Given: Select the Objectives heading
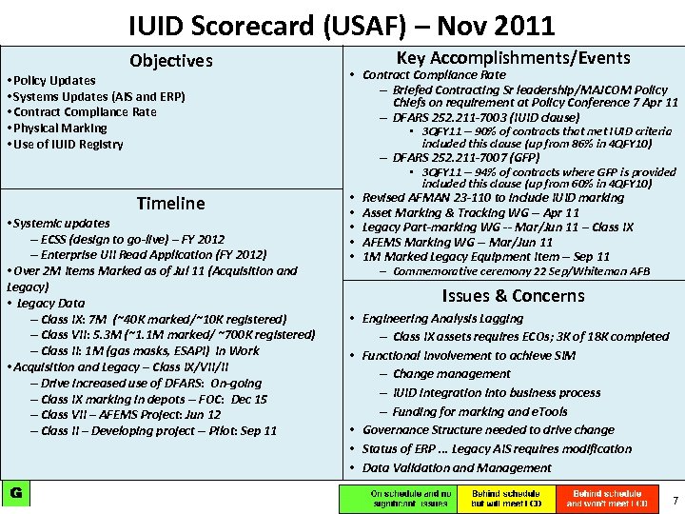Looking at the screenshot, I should point(171,61).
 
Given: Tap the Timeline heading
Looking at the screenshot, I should point(170,203).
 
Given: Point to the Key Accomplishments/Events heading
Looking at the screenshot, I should point(513,58).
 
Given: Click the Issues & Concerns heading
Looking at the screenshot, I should point(513,295).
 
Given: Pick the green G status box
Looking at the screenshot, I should point(16,492).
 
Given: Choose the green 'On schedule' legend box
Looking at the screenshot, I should point(397,498).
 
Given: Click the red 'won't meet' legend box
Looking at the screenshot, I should point(607,498).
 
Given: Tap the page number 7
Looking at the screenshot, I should point(675,501).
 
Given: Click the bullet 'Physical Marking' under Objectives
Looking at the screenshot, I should point(58,128).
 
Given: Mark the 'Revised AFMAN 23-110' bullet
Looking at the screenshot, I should point(493,198).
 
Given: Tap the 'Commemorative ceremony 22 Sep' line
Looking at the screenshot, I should point(520,271).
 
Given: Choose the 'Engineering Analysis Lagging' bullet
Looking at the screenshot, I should point(442,319).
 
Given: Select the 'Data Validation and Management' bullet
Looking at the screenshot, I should point(457,467).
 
